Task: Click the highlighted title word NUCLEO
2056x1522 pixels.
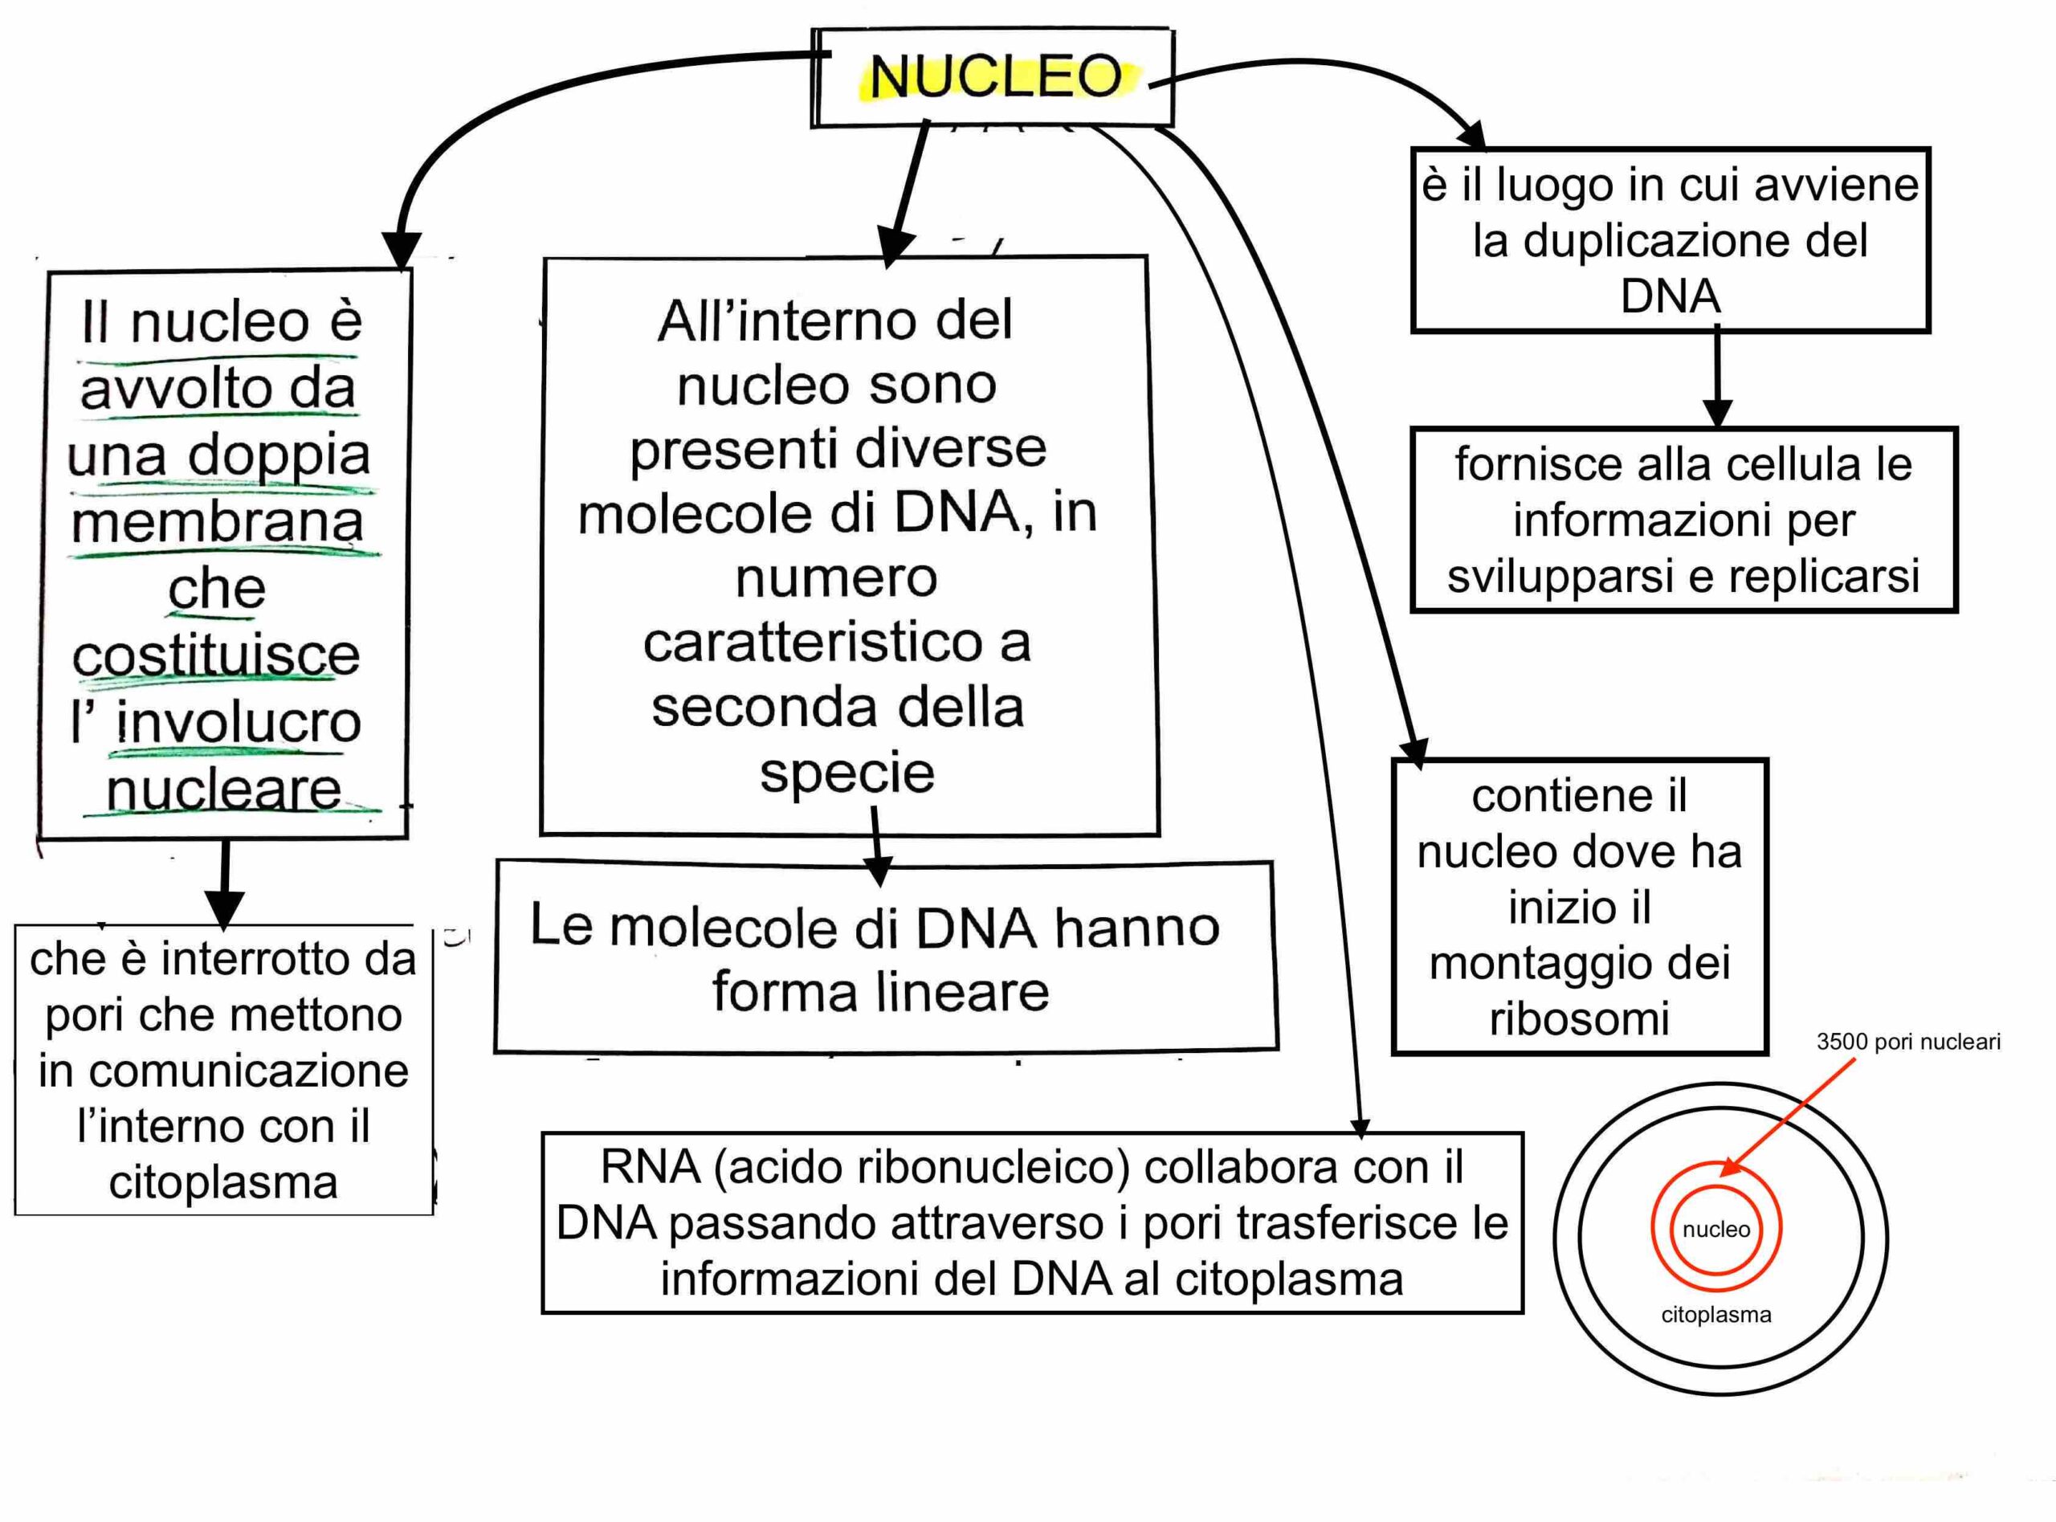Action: click(x=996, y=76)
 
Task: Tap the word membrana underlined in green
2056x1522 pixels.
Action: click(x=218, y=522)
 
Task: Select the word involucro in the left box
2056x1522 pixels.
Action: click(x=239, y=722)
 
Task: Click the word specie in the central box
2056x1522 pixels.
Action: click(x=846, y=772)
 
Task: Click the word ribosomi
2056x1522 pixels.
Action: click(x=1579, y=1019)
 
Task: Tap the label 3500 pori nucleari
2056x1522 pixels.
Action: click(x=1907, y=1042)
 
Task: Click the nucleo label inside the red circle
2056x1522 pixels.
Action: click(x=1716, y=1229)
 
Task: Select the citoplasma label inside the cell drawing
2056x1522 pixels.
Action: click(x=1716, y=1315)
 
